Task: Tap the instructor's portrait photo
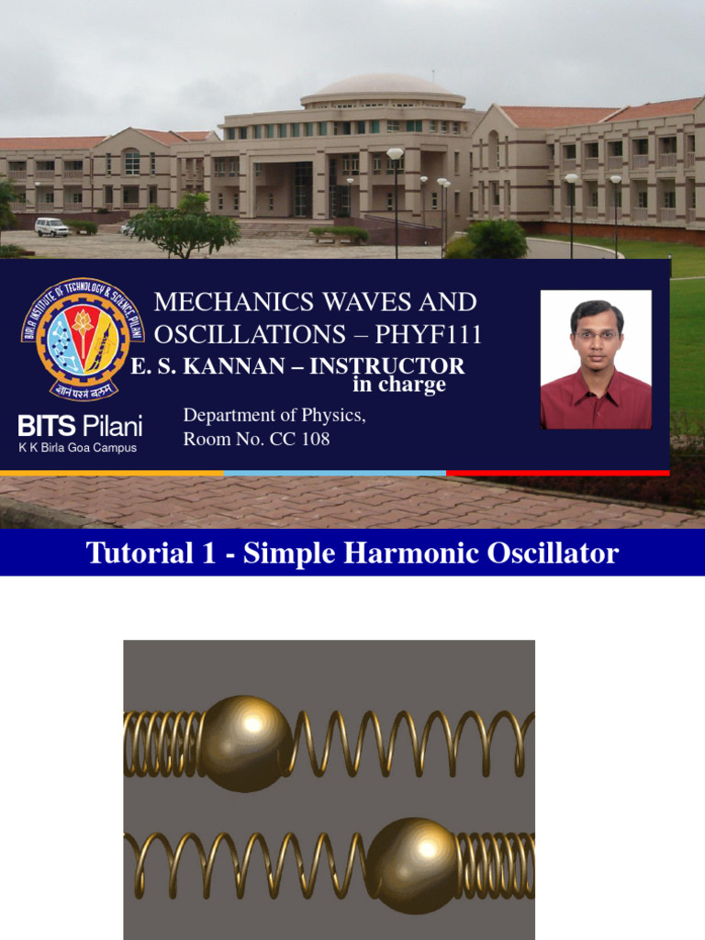(x=596, y=359)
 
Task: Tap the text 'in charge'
(x=399, y=385)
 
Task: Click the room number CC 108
(x=299, y=439)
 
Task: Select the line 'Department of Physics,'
(x=274, y=415)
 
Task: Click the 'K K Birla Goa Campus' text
(x=78, y=448)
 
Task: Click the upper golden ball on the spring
(x=245, y=743)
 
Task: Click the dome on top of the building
(x=383, y=86)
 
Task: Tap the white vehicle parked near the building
(x=51, y=227)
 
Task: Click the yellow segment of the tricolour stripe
(x=111, y=474)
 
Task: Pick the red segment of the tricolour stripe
(x=557, y=474)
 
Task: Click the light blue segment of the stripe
(x=334, y=474)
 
